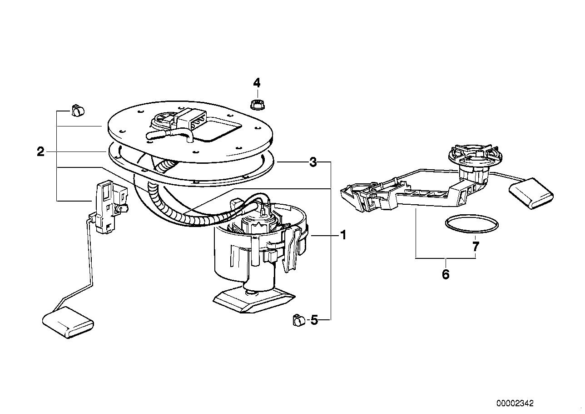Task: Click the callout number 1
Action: click(343, 235)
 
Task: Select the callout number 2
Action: click(41, 151)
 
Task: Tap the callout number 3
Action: click(313, 162)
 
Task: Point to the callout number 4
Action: click(257, 83)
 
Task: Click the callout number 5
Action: click(314, 320)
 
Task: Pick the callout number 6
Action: click(446, 274)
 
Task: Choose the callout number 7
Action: click(476, 247)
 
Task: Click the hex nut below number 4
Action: click(257, 105)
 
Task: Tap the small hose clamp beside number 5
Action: click(298, 320)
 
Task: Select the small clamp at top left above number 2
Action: click(78, 110)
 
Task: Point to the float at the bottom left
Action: click(68, 322)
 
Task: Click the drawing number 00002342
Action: click(515, 403)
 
